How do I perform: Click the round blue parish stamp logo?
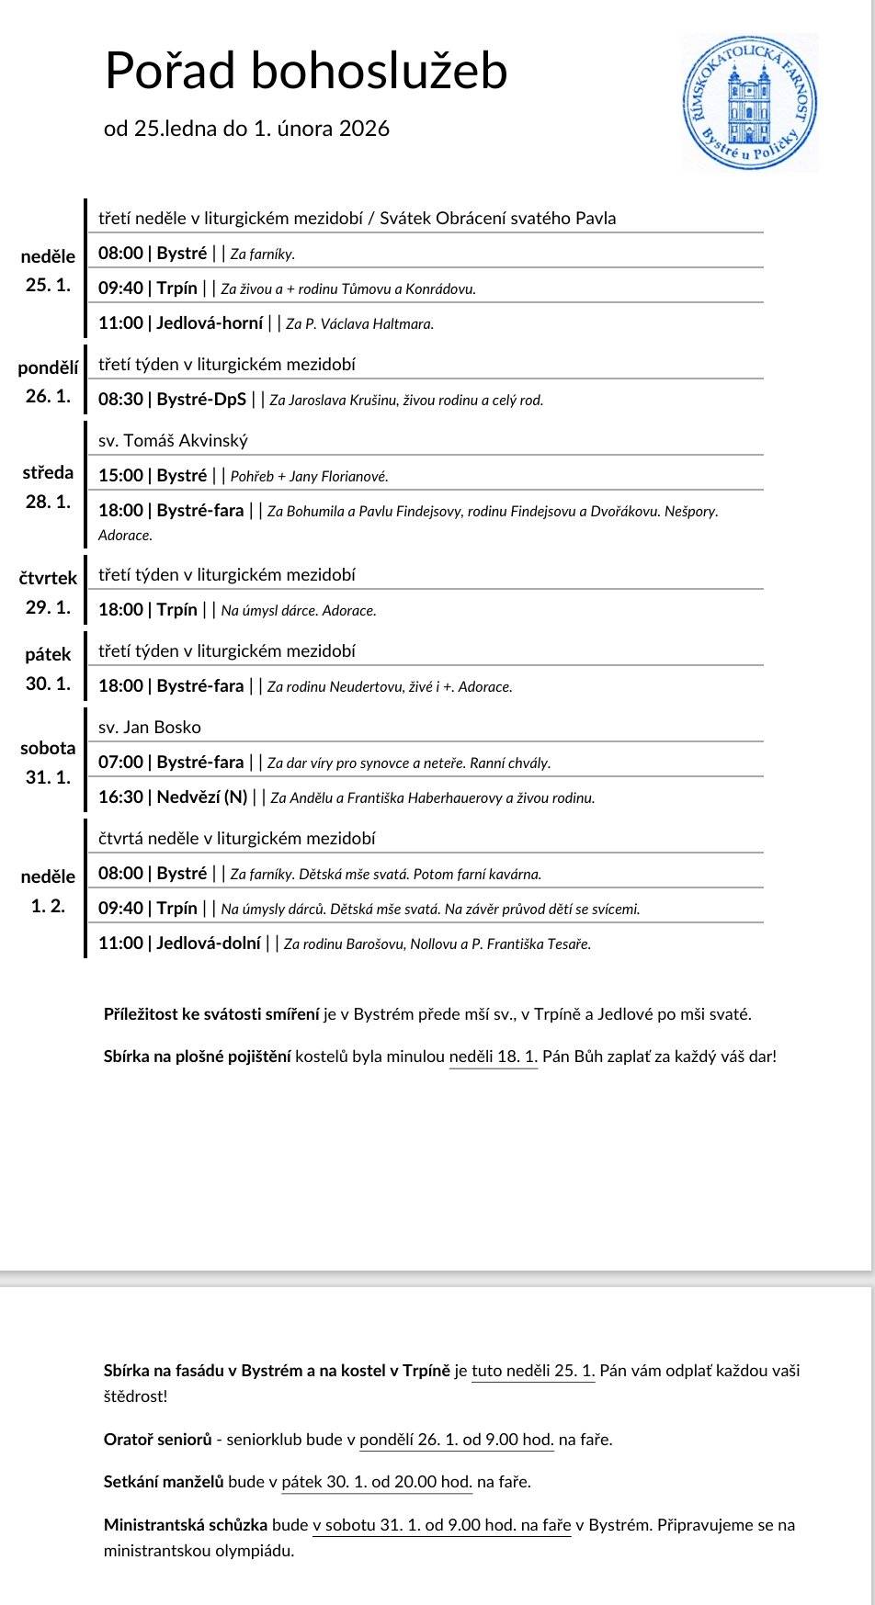[x=750, y=102]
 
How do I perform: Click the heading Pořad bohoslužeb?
[x=306, y=71]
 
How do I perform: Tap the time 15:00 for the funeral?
[x=120, y=476]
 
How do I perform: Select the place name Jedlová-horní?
[x=210, y=323]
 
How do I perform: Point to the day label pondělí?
[x=48, y=368]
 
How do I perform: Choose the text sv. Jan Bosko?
[x=150, y=728]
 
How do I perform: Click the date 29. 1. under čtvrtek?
[x=48, y=607]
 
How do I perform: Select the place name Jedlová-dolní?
[x=209, y=944]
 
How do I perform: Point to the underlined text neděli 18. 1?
[x=493, y=1057]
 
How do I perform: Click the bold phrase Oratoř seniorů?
[x=157, y=1440]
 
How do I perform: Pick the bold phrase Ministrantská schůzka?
[x=186, y=1525]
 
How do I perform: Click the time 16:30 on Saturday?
[x=120, y=797]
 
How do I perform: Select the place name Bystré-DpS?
[x=201, y=400]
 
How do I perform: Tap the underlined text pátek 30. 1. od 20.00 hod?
[x=377, y=1482]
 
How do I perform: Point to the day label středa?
[x=48, y=473]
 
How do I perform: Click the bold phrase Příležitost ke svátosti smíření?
[x=211, y=1015]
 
